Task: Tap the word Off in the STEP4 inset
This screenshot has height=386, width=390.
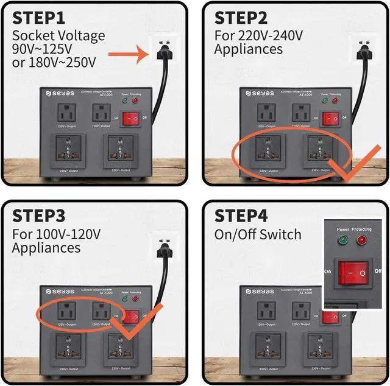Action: [378, 270]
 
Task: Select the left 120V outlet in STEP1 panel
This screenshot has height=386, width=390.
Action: [65, 114]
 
